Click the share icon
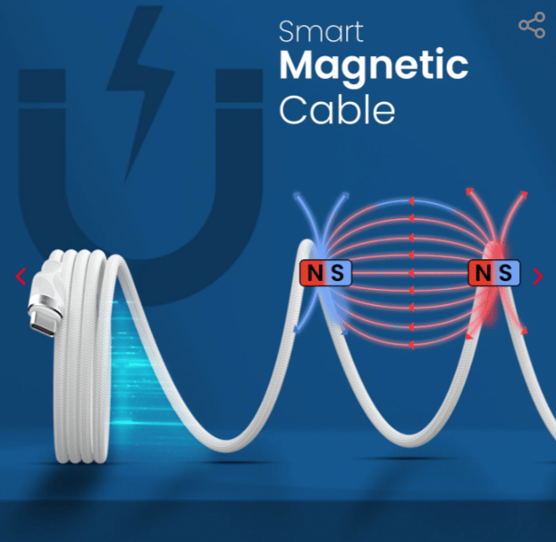click(532, 25)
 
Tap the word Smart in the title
click(321, 31)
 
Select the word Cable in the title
click(337, 109)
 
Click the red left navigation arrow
click(21, 276)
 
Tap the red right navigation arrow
click(538, 276)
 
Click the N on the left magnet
click(315, 273)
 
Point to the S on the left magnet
click(337, 273)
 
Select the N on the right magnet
click(483, 273)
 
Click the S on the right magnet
click(505, 273)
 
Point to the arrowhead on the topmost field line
click(411, 201)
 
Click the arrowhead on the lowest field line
click(411, 344)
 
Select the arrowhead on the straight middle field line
click(411, 273)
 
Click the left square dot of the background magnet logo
click(42, 86)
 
